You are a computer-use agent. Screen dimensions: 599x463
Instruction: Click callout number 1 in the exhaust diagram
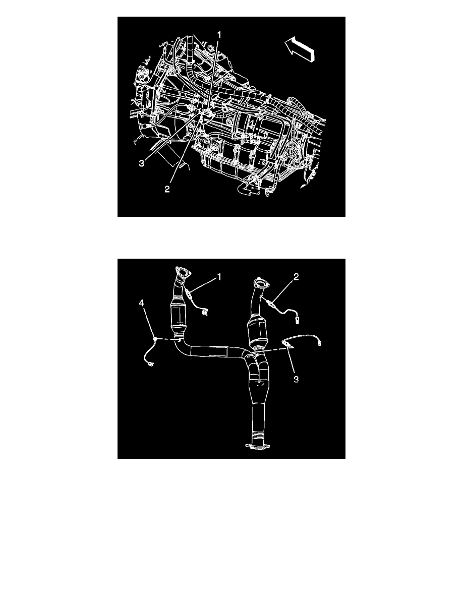[219, 277]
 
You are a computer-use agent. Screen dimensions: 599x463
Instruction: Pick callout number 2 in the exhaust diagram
[296, 277]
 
